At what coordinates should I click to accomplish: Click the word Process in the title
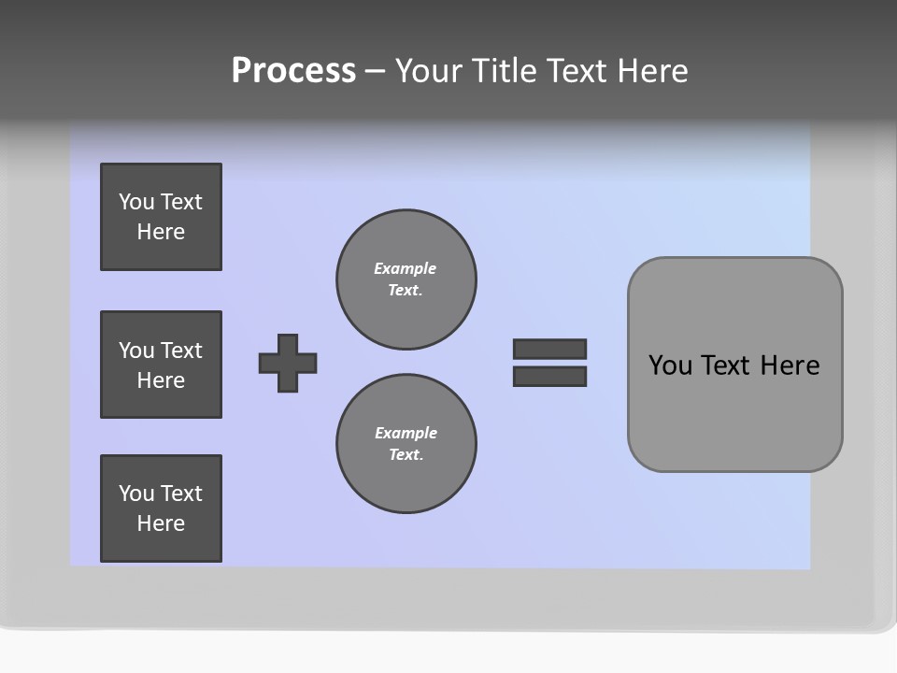click(293, 71)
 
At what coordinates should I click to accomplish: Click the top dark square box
click(161, 217)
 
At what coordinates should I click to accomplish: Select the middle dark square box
click(161, 365)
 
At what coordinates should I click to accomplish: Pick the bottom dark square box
click(161, 508)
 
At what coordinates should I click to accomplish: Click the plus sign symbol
click(288, 363)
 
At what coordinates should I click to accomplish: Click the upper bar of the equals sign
click(549, 349)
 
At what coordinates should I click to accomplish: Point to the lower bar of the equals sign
click(549, 376)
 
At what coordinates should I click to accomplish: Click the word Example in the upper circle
click(405, 268)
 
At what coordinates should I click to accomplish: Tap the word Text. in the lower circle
click(406, 454)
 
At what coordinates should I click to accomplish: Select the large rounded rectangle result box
click(734, 411)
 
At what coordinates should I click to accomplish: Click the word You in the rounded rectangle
click(670, 365)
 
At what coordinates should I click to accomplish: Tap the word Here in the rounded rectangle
click(790, 365)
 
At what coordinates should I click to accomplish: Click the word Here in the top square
click(161, 232)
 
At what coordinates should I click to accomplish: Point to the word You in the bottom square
click(136, 494)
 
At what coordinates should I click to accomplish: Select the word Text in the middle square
click(180, 351)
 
